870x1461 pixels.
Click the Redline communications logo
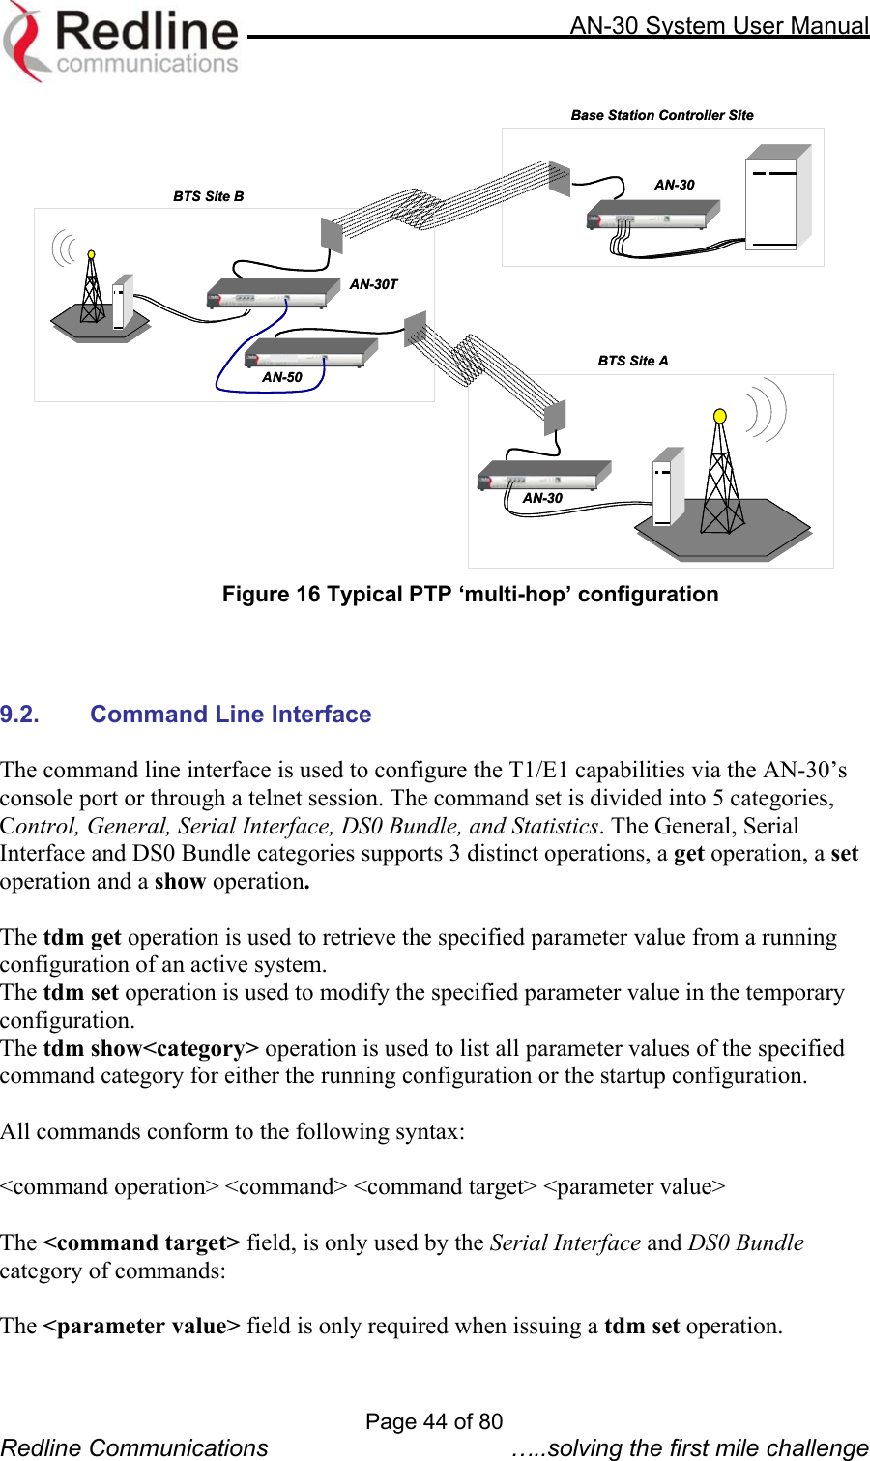(121, 41)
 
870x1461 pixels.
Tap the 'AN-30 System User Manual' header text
(718, 25)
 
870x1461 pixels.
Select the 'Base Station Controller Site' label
(662, 115)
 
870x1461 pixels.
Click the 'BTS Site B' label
(209, 196)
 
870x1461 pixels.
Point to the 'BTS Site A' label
(633, 361)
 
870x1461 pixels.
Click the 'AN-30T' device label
(373, 284)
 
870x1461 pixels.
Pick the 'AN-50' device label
(282, 377)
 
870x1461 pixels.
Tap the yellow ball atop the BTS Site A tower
(719, 416)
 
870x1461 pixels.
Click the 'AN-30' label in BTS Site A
(542, 498)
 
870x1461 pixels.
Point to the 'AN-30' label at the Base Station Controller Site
(674, 185)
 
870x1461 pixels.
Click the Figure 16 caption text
(470, 594)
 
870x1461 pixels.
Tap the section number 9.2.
(19, 715)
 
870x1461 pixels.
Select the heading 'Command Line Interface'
(231, 715)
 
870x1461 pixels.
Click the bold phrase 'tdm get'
(82, 937)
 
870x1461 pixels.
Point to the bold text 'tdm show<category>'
(151, 1048)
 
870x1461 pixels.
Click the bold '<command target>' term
(142, 1242)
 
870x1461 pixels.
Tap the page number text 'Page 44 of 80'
(434, 1421)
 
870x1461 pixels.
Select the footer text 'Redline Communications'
(134, 1447)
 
